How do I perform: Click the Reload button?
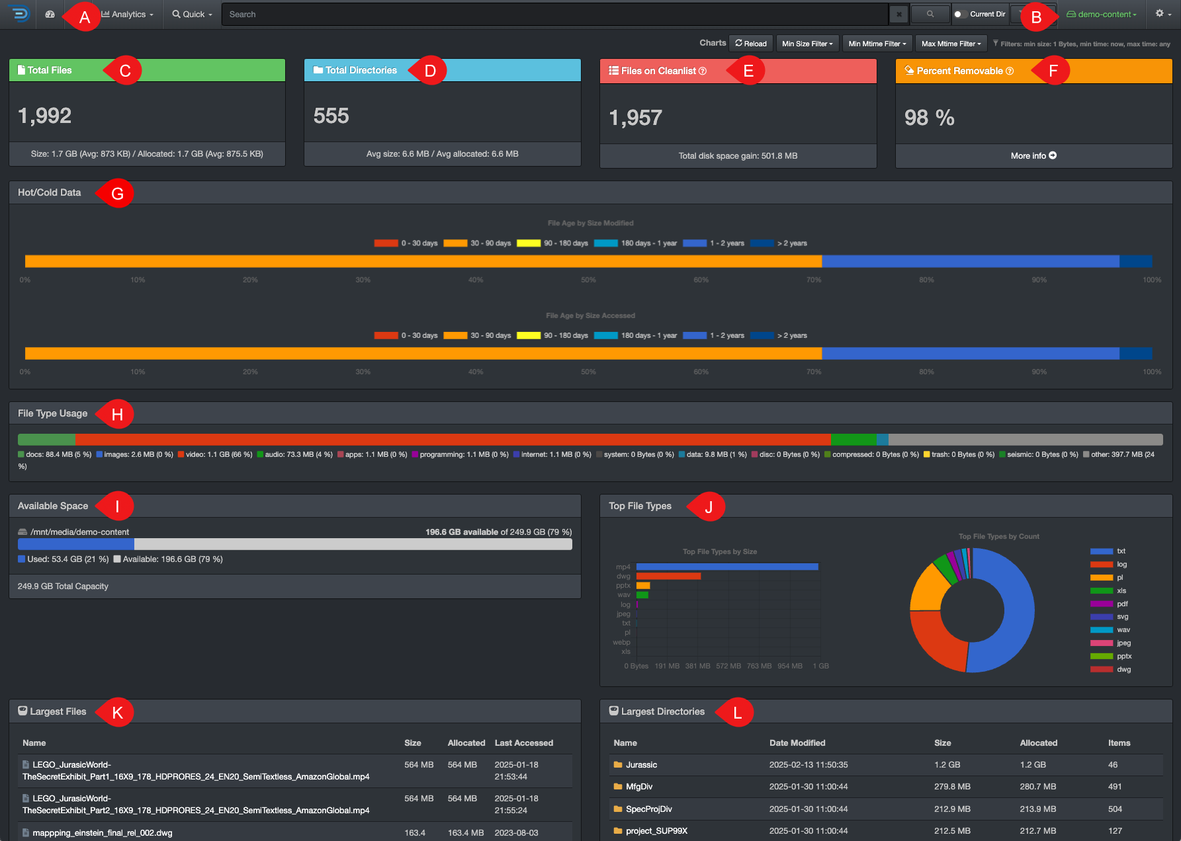pyautogui.click(x=750, y=44)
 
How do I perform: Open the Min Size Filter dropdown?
pyautogui.click(x=807, y=44)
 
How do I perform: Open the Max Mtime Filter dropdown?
pyautogui.click(x=950, y=44)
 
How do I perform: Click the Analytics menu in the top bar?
pyautogui.click(x=128, y=15)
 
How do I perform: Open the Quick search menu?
pyautogui.click(x=193, y=15)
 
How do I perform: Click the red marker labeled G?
pyautogui.click(x=118, y=194)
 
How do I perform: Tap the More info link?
pyautogui.click(x=1033, y=156)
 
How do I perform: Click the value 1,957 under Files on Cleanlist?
pyautogui.click(x=635, y=118)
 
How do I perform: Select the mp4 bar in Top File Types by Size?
pyautogui.click(x=726, y=567)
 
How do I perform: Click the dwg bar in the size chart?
pyautogui.click(x=668, y=576)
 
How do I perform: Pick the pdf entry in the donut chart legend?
pyautogui.click(x=1121, y=604)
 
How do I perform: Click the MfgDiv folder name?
pyautogui.click(x=638, y=787)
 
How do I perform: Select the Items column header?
pyautogui.click(x=1119, y=743)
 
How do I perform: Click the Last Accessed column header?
pyautogui.click(x=523, y=743)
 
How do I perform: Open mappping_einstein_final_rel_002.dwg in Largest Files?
pyautogui.click(x=103, y=833)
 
